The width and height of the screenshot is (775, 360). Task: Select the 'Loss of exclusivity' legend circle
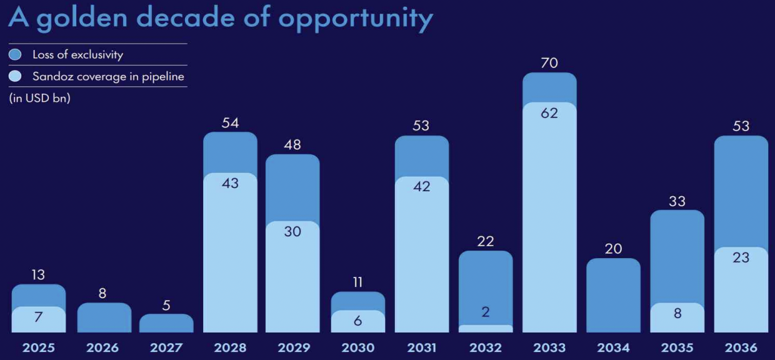15,54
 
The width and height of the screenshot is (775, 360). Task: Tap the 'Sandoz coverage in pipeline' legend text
108,76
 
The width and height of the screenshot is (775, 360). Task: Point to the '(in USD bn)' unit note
39,99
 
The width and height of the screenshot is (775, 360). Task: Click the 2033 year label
549,347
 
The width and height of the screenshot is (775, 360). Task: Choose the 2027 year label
166,347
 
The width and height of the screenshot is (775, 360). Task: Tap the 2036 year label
741,347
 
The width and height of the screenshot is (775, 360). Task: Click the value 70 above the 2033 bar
549,62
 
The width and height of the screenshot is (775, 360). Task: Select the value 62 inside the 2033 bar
549,113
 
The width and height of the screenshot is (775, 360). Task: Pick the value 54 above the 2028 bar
230,122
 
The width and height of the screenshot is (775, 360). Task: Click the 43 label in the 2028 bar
230,184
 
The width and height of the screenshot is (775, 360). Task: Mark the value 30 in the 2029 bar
292,231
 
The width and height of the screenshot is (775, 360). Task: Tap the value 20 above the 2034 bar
613,249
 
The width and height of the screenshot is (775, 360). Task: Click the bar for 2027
166,324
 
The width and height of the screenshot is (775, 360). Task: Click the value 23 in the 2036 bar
741,257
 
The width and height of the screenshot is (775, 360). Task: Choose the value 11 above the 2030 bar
357,282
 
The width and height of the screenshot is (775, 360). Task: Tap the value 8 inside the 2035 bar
677,313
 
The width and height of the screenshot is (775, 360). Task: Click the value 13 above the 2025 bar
38,274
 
